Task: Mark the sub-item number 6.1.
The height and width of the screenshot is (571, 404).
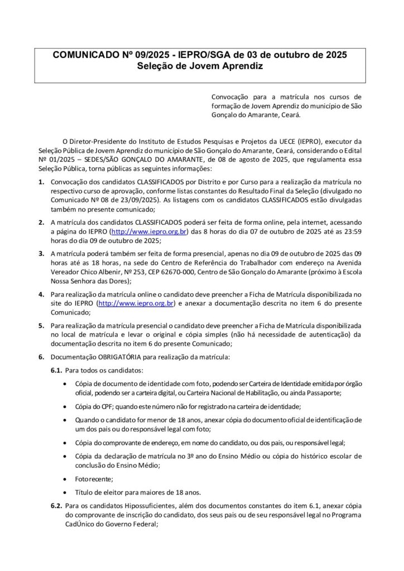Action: click(x=56, y=370)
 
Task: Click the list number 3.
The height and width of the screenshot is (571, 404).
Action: click(x=41, y=252)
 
